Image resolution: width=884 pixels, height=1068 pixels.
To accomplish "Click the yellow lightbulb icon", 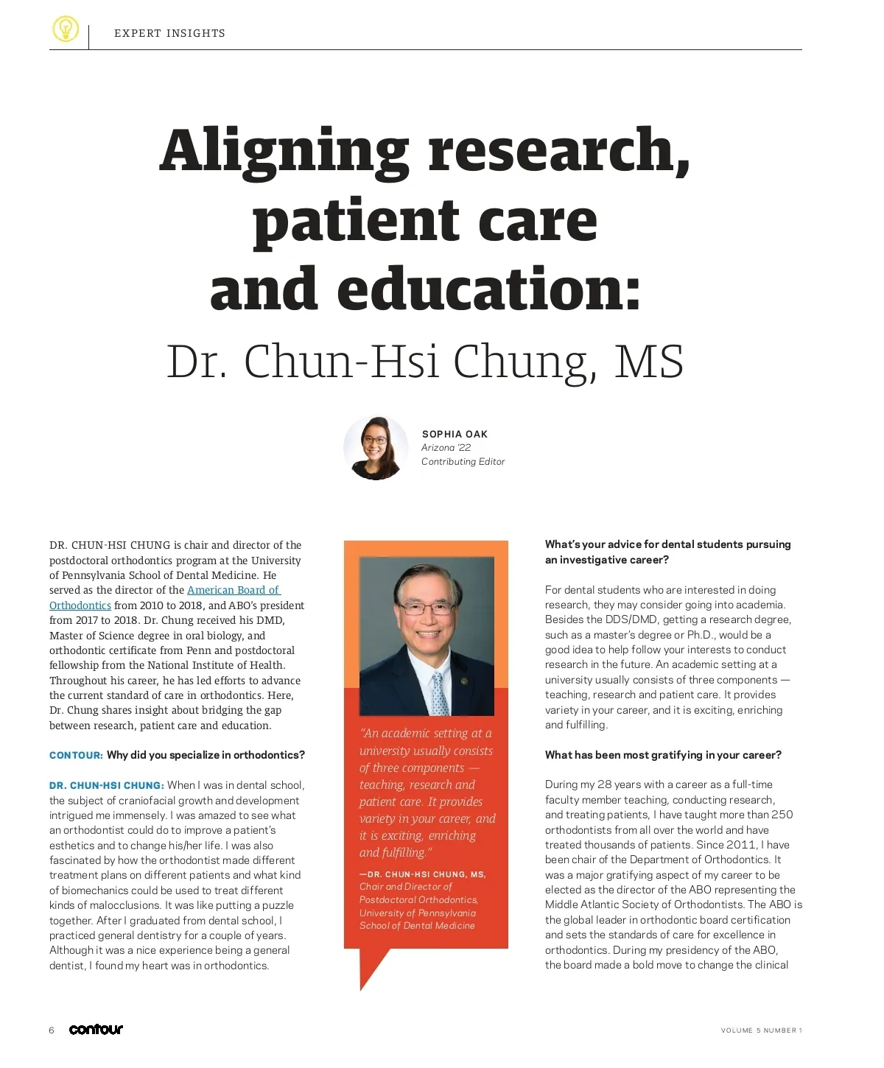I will point(66,29).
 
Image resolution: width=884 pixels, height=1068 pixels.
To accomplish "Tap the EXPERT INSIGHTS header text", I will point(169,33).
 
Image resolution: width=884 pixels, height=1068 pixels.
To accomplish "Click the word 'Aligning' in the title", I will point(284,151).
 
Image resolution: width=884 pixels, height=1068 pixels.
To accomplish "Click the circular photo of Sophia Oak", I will point(376,448).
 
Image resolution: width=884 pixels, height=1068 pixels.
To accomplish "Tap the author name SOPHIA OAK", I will point(455,434).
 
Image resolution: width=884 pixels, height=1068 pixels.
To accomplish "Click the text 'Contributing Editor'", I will point(463,462).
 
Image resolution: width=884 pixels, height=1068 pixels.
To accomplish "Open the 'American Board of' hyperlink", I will point(234,590).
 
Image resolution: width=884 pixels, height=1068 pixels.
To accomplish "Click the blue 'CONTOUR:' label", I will point(76,756).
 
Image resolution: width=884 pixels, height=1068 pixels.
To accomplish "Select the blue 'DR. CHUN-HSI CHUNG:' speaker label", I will point(107,786).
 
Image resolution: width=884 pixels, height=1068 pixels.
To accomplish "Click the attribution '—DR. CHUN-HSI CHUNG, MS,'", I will point(422,874).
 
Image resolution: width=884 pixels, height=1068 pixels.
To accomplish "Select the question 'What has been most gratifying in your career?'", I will point(663,755).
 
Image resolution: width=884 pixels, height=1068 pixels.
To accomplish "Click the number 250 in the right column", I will point(781,815).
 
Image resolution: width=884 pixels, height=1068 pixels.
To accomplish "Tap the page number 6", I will point(52,1030).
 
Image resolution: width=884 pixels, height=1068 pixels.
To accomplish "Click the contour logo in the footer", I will point(96,1030).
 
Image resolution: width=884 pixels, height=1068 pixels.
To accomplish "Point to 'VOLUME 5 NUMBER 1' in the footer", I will point(761,1030).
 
